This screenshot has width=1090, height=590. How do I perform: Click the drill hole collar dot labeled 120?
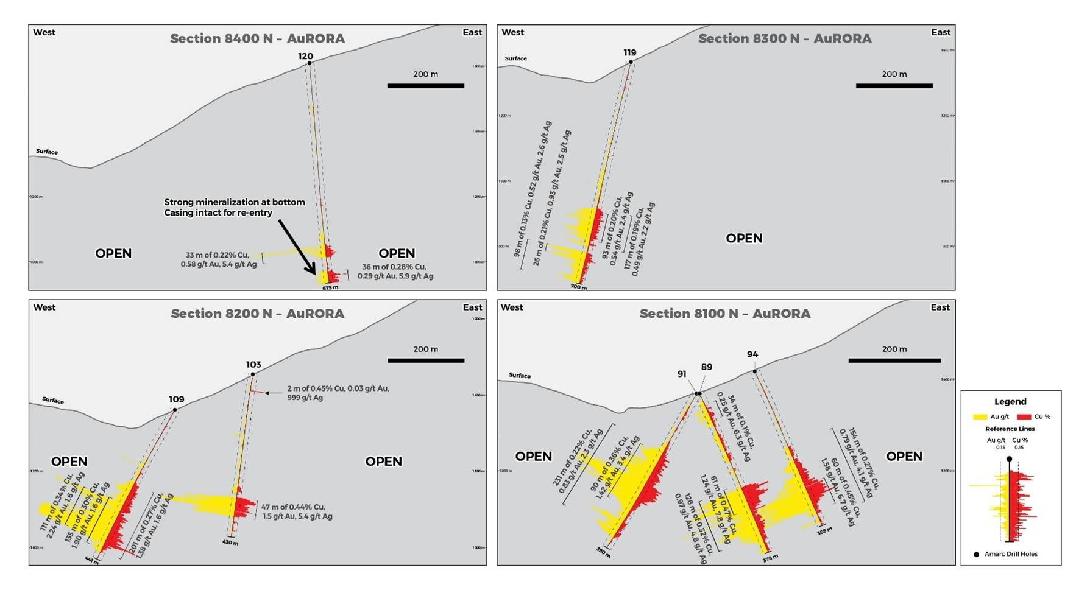(x=310, y=63)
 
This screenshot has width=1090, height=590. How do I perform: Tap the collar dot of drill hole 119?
(x=631, y=61)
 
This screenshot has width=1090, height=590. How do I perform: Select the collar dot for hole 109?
(x=175, y=410)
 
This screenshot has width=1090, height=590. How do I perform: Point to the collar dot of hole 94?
(x=754, y=371)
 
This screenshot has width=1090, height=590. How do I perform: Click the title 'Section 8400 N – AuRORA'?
(x=257, y=38)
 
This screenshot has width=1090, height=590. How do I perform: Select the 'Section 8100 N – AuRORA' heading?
(x=724, y=314)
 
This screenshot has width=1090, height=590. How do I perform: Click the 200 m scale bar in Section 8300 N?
(x=894, y=85)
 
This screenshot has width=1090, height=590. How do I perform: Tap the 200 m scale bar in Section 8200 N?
(x=425, y=360)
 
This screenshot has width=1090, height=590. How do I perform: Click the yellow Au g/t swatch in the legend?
(x=980, y=416)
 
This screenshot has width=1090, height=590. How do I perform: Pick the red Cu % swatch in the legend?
(x=1024, y=416)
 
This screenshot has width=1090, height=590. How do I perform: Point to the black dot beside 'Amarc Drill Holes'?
(x=977, y=554)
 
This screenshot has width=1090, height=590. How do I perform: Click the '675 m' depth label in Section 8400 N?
(x=330, y=287)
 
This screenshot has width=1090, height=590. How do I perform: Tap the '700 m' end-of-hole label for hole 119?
(x=579, y=287)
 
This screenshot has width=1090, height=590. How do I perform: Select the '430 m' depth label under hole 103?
(x=230, y=542)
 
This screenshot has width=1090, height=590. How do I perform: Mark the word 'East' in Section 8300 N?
(x=941, y=32)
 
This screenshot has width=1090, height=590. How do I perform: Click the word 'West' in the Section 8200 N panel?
(x=44, y=307)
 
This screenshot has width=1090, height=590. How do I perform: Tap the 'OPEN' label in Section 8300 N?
(x=744, y=238)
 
